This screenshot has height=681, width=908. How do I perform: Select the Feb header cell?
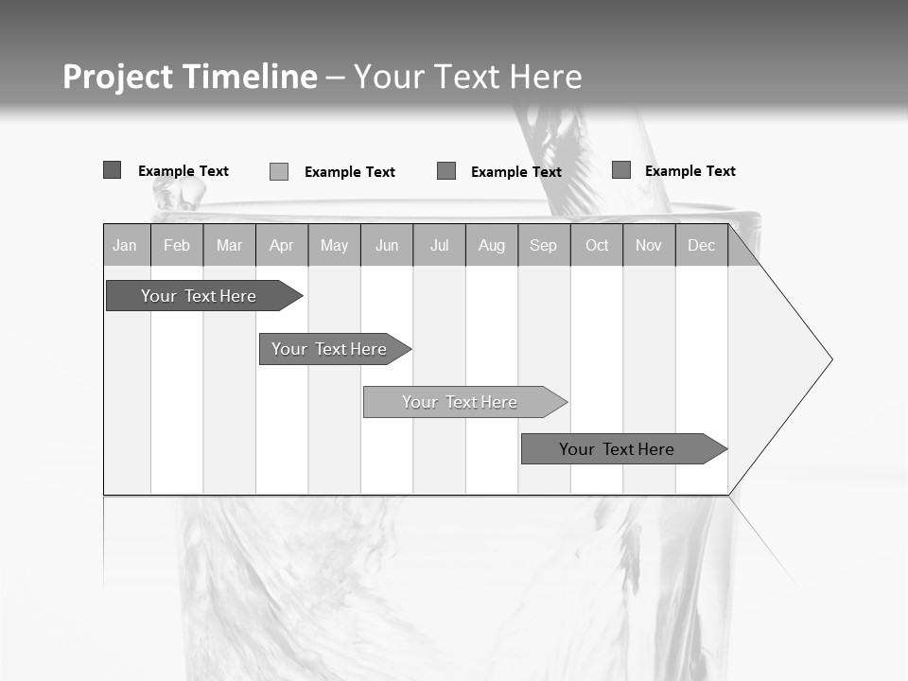click(x=177, y=245)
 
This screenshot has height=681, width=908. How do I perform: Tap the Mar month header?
click(x=229, y=245)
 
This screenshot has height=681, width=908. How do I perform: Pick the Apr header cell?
click(x=282, y=245)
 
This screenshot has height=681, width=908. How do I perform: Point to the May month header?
click(x=334, y=245)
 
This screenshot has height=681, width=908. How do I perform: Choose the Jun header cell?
click(x=387, y=245)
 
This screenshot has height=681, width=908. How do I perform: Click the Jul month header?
click(x=439, y=245)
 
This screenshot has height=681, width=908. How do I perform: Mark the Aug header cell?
click(x=492, y=245)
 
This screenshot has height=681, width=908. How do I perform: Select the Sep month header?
click(x=544, y=245)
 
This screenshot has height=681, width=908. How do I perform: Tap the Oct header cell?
click(x=597, y=245)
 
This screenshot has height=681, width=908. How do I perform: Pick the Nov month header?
click(x=649, y=245)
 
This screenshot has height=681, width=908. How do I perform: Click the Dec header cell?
click(x=702, y=245)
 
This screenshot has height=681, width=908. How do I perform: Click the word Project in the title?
click(x=117, y=77)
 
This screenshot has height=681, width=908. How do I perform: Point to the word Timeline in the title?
click(x=250, y=77)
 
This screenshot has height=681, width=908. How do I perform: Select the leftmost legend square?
click(x=113, y=170)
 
